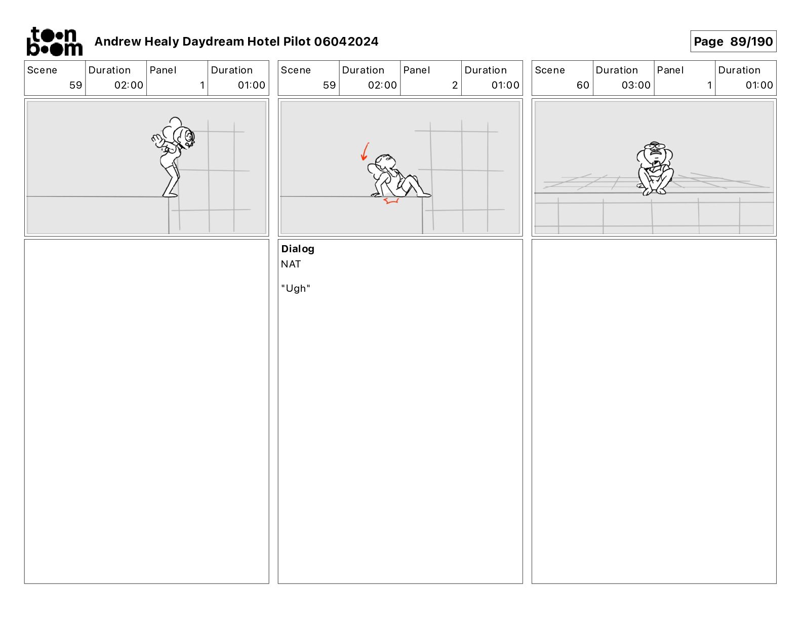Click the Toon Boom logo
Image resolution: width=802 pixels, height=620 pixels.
(54, 42)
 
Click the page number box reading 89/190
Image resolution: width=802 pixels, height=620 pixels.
(733, 42)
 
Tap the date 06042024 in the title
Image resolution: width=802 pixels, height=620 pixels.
(346, 42)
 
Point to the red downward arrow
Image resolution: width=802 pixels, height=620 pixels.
(365, 152)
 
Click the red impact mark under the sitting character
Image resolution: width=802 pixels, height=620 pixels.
(391, 201)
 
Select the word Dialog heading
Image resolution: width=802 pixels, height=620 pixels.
(298, 249)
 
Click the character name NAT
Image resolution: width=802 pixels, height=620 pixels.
(291, 264)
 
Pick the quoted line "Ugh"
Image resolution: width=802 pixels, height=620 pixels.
(295, 288)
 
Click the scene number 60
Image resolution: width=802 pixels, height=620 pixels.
(583, 85)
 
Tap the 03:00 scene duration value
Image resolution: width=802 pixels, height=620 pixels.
(635, 85)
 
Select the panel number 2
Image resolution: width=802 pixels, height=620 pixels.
(455, 85)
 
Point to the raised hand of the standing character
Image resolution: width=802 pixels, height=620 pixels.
(157, 140)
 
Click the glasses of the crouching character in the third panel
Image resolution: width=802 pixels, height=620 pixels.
(655, 147)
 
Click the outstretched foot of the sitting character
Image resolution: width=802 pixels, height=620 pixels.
(424, 195)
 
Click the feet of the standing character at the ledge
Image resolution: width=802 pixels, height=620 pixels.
(170, 194)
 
